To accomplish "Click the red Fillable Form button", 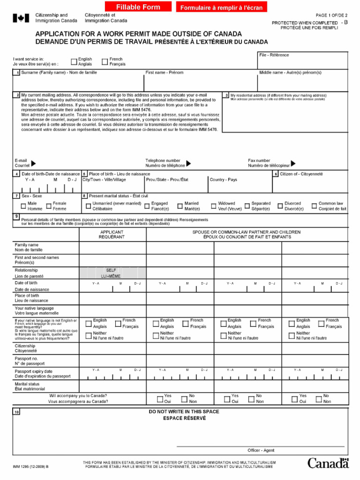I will coord(138,7).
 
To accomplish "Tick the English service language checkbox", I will coord(74,61).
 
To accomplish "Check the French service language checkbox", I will coord(105,61).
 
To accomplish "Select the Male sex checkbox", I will coord(23,206).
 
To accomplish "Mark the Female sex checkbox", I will coord(49,206).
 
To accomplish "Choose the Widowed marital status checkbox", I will coord(214,206).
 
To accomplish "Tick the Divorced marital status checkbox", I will coord(280,206).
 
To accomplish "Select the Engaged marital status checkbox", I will coord(147,206).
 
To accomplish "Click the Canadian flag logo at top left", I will coord(21,18).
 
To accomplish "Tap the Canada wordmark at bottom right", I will coord(328,463).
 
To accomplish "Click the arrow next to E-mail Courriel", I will coord(33,163).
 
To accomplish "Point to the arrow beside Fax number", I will coord(293,163).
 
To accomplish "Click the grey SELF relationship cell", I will coord(112,273).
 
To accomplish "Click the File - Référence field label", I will coord(274,55).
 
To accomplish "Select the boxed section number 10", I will coord(16,412).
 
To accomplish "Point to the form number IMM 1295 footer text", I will coord(30,467).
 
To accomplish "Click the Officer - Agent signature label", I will coord(261,450).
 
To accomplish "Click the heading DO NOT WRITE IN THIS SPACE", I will coord(184,412).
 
